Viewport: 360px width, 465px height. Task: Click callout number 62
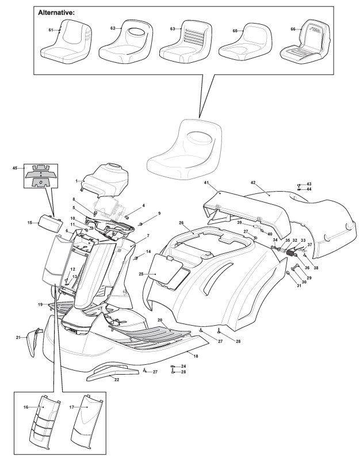112,28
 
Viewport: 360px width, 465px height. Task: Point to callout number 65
235,30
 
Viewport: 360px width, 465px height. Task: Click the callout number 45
15,168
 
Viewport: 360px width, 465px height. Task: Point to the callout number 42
252,182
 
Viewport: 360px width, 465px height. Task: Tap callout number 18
196,357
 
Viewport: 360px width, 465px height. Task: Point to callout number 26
181,223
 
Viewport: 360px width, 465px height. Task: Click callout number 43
308,184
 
